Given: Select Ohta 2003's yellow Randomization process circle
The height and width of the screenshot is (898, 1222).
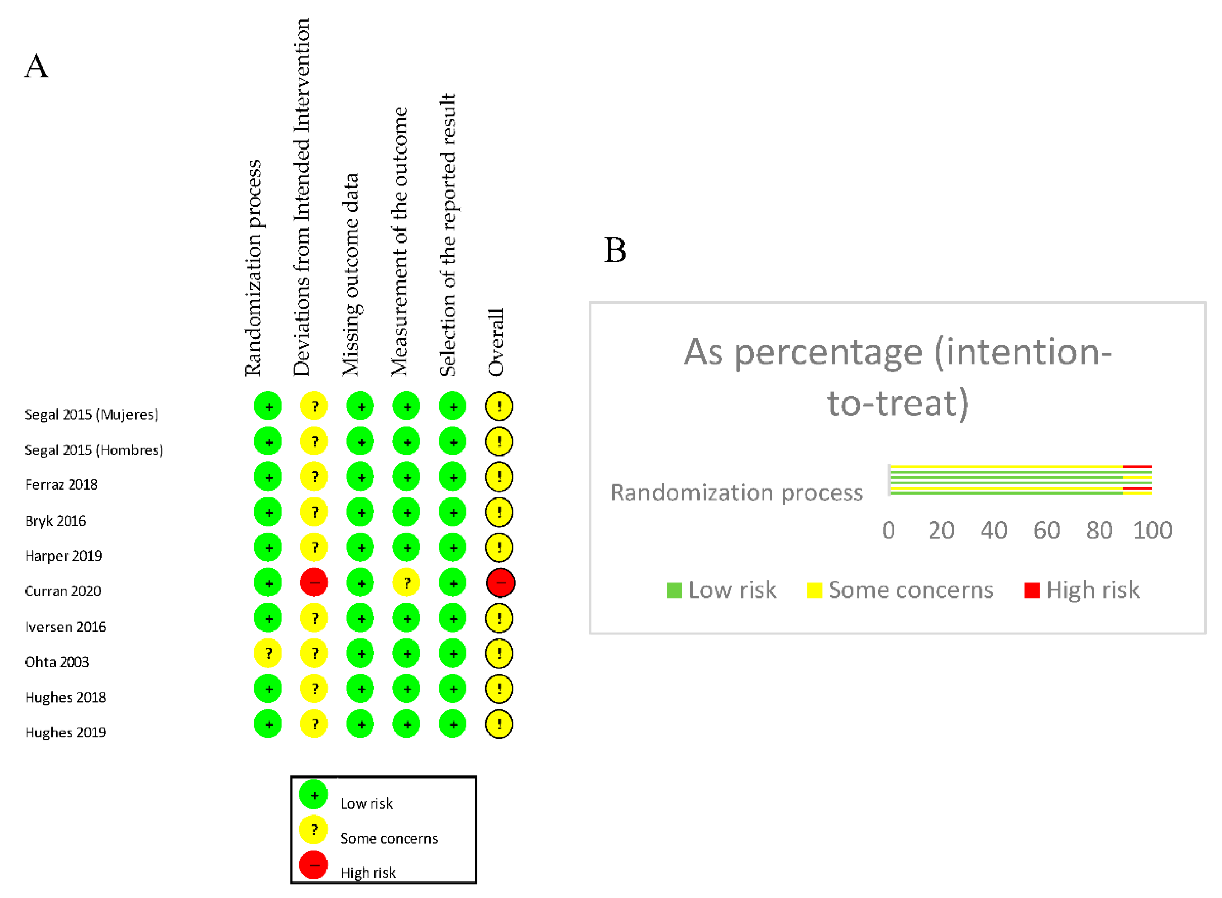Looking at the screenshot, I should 268,653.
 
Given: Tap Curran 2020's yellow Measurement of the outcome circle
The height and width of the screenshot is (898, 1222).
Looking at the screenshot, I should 406,583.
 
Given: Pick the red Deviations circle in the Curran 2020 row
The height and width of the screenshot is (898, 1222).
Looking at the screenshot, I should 314,583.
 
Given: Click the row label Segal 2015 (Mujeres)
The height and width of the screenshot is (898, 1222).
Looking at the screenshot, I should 91,415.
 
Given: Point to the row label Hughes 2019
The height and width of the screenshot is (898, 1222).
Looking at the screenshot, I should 65,733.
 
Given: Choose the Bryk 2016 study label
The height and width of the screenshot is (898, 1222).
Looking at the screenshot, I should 56,521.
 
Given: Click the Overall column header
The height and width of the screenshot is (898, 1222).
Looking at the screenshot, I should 496,342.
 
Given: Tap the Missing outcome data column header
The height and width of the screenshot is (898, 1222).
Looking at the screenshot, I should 351,274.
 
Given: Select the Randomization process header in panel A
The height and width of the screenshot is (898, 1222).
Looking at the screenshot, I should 253,268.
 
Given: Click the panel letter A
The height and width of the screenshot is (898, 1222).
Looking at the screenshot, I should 37,66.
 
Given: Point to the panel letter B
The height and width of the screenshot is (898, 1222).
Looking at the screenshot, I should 615,251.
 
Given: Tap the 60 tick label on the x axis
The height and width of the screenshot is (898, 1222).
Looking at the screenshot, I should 1046,530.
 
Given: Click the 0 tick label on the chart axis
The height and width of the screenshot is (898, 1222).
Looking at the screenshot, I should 888,530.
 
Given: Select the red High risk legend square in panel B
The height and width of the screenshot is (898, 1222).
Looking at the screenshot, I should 1031,590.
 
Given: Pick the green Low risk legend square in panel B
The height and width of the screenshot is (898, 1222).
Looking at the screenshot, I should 674,590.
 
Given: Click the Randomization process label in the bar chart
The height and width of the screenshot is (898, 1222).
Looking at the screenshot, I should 736,492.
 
